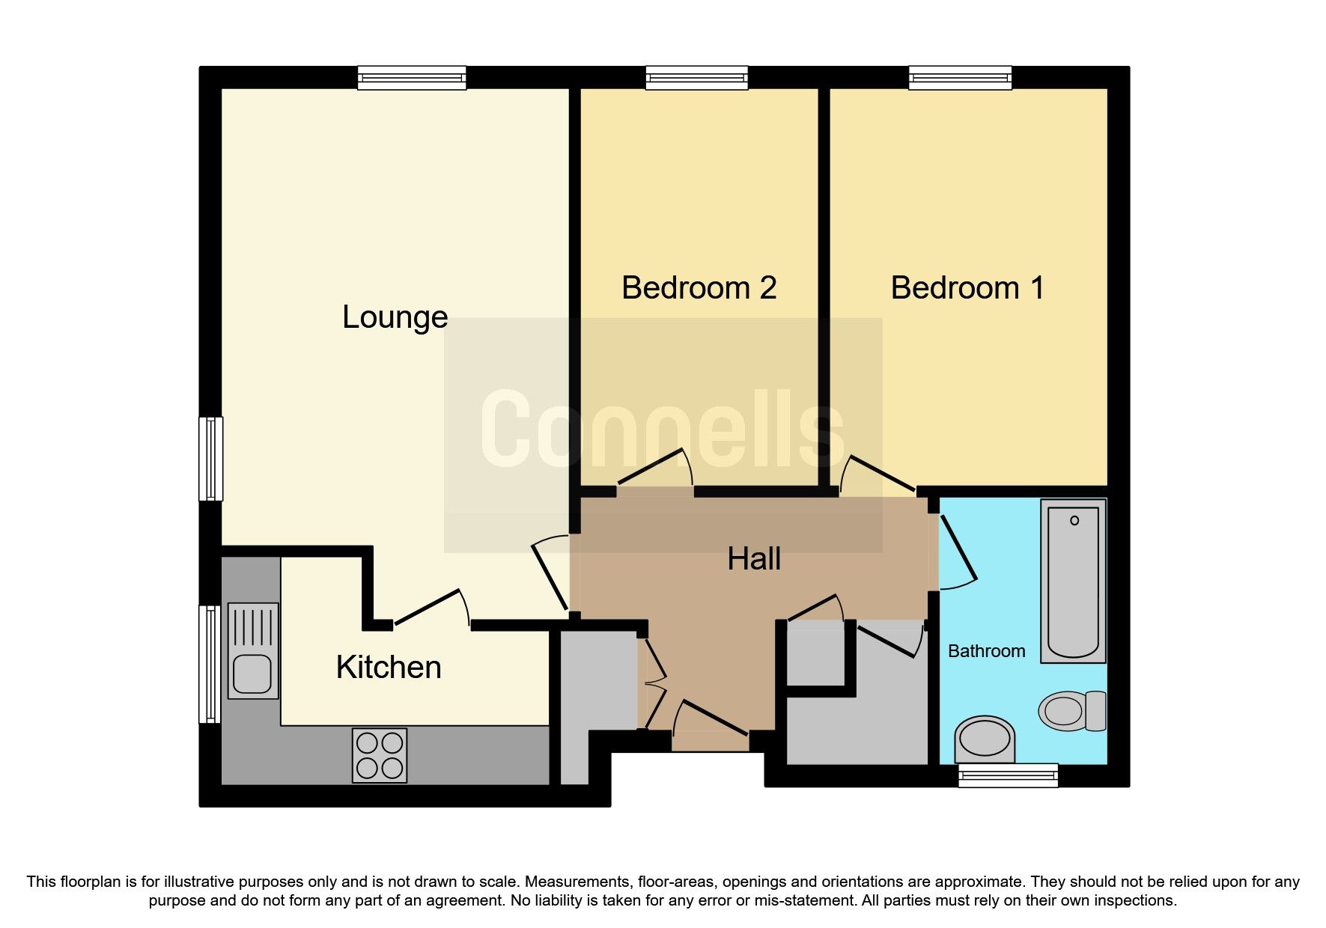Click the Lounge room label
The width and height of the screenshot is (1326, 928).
tap(395, 317)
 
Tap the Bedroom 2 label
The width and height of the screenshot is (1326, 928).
tap(699, 288)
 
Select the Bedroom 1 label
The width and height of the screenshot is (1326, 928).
tap(967, 288)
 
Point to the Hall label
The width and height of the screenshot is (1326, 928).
tap(754, 559)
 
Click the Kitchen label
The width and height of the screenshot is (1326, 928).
tap(388, 667)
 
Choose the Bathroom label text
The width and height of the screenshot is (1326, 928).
tap(986, 651)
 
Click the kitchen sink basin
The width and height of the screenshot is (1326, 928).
tap(252, 673)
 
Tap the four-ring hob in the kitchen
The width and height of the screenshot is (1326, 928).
tap(380, 755)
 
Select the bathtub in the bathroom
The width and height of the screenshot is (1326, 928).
tap(1073, 580)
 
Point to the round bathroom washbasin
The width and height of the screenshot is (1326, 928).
tap(984, 738)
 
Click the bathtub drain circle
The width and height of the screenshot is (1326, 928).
tap(1074, 520)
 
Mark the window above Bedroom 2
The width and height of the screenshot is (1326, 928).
tap(696, 77)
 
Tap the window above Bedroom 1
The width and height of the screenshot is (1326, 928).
tap(960, 77)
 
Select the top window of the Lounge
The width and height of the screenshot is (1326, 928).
tap(411, 77)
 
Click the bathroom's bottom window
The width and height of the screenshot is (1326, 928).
tap(1008, 775)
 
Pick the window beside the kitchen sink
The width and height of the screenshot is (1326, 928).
tap(210, 663)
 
